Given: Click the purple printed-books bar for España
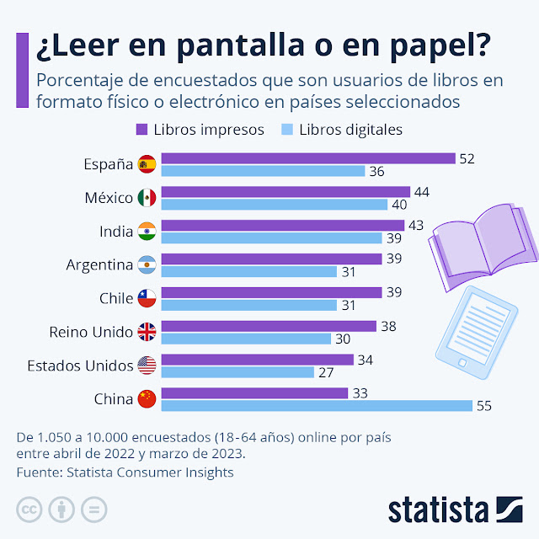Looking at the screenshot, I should pos(307,158).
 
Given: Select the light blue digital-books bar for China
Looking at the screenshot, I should pos(316,406).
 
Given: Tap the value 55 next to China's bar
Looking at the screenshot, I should pos(483,406).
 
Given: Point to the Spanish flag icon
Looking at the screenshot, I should pos(147,164).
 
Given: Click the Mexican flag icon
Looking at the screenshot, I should pos(147,198).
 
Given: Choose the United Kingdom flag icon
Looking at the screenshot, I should pos(147,332).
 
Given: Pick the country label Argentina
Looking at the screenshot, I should pos(99,265).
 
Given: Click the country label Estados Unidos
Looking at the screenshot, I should pos(79,366).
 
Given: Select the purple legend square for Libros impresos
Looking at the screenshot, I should pos(141,130).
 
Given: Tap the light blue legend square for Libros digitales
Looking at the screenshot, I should pos(286,130).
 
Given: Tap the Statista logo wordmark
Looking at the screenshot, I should pos(438,510).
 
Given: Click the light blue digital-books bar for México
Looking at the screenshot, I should pos(274,205).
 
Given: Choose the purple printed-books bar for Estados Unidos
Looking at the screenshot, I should pos(257,360).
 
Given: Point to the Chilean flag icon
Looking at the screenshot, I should pos(147,299).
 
